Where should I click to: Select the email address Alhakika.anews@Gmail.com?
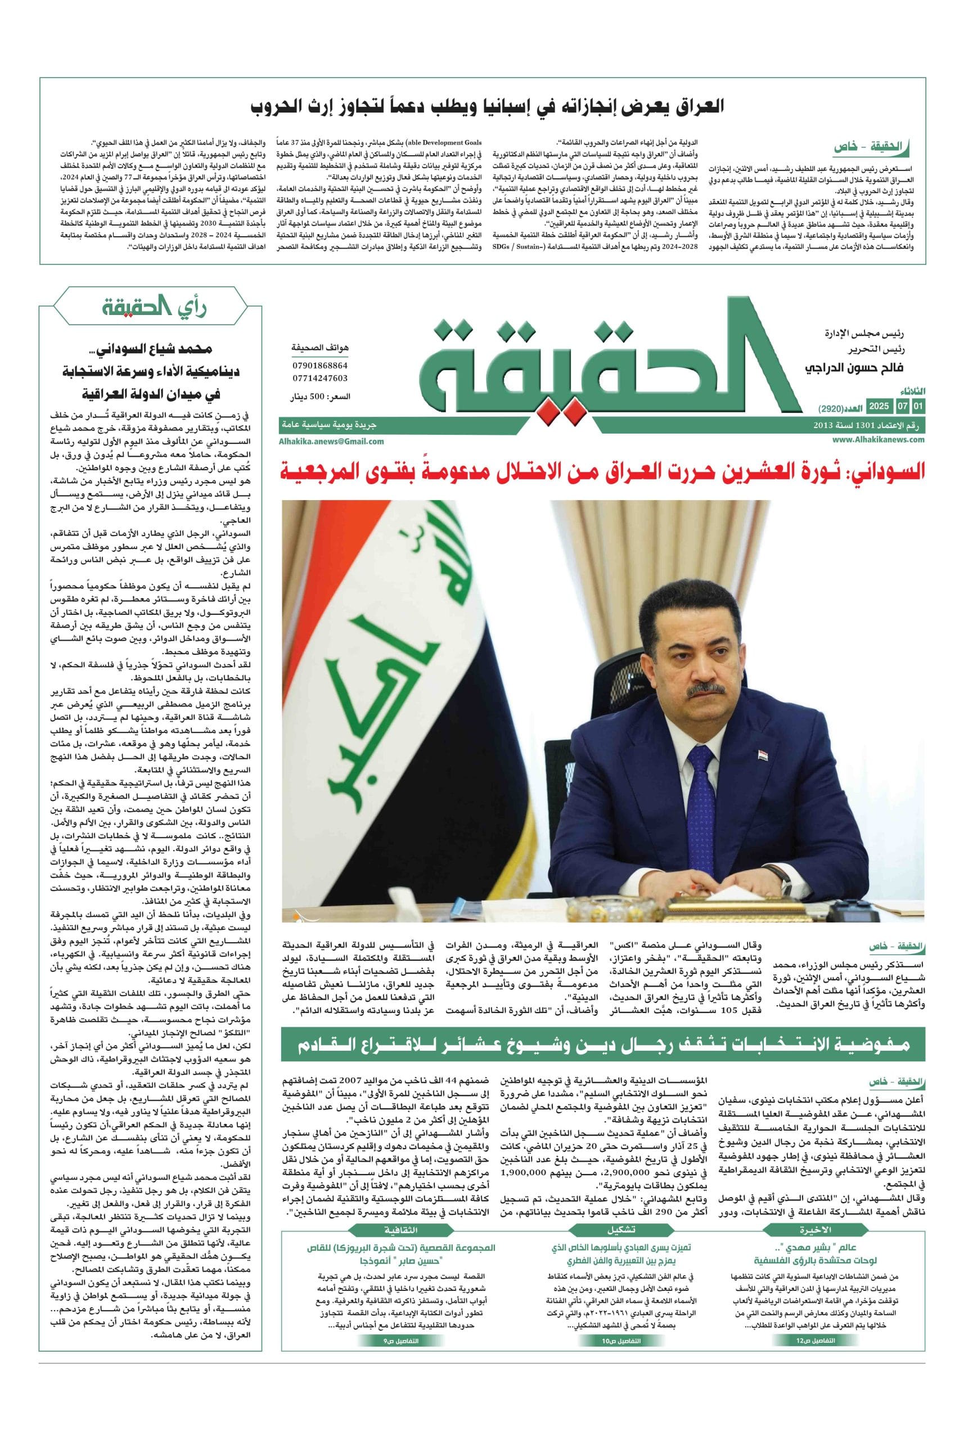tap(331, 441)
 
